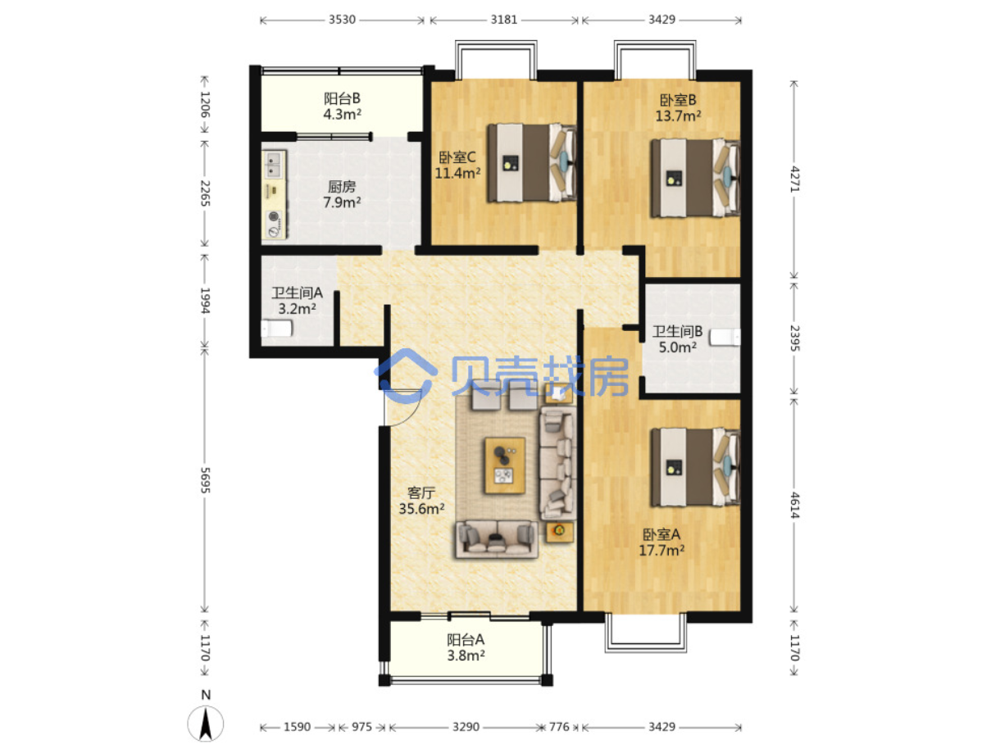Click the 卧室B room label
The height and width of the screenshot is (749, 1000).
click(x=677, y=108)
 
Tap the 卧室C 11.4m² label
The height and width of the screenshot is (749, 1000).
click(x=457, y=166)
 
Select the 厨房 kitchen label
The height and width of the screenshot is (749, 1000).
click(x=342, y=194)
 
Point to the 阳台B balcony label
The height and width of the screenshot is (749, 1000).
click(x=342, y=106)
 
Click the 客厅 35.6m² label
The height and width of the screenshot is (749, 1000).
click(x=421, y=501)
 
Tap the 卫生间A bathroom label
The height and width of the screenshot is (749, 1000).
click(x=297, y=301)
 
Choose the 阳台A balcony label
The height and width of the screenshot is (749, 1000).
click(x=465, y=647)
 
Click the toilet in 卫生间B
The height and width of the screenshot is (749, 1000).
click(x=725, y=338)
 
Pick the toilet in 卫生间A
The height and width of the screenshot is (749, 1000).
click(x=276, y=329)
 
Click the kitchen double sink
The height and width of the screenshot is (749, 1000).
click(x=275, y=165)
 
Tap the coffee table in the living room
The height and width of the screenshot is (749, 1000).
click(x=505, y=465)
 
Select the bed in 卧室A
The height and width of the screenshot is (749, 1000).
click(x=695, y=467)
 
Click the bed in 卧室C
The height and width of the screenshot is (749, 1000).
click(x=532, y=162)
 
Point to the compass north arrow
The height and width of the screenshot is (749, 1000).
click(x=206, y=724)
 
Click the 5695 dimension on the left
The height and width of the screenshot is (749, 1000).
click(x=205, y=480)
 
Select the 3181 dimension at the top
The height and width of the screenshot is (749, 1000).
click(x=504, y=20)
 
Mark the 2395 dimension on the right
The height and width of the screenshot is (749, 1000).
click(x=794, y=338)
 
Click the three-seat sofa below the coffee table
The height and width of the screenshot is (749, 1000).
click(x=497, y=539)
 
